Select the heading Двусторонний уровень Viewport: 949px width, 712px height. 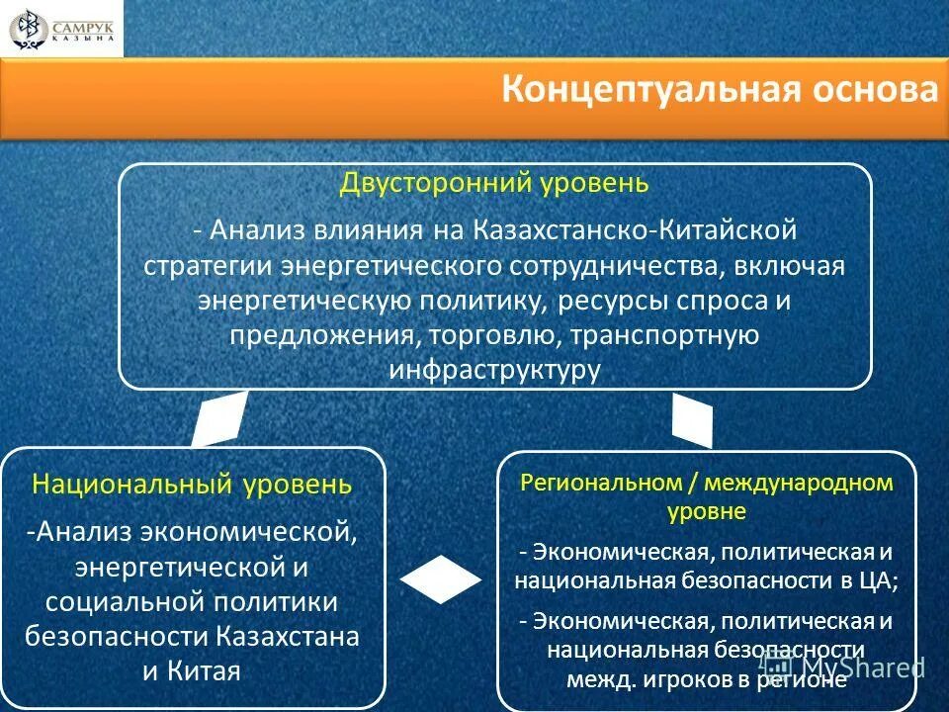[494, 184]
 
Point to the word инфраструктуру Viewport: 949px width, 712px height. [494, 369]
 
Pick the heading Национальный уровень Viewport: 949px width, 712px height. [192, 485]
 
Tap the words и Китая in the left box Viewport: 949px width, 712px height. [192, 670]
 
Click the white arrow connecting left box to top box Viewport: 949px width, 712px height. [219, 419]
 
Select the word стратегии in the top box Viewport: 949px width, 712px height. [208, 266]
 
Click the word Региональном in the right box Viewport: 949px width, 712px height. [586, 484]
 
